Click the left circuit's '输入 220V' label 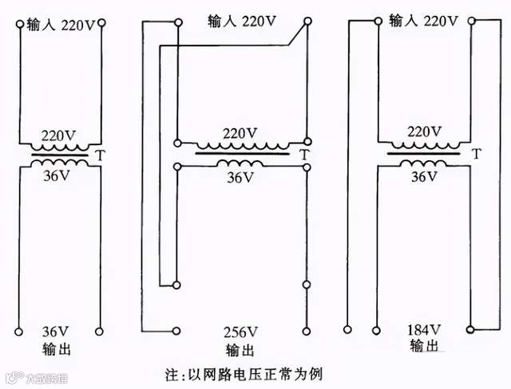(x=61, y=25)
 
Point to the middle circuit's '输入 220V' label (x=241, y=19)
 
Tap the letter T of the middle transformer (x=304, y=154)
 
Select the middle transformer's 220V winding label (x=240, y=133)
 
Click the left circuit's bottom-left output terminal (x=18, y=330)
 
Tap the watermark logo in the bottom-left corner (x=14, y=375)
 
